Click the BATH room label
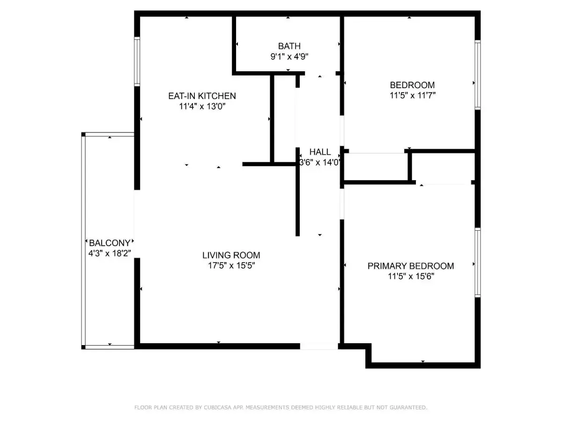click(289, 46)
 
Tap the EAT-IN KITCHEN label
click(202, 96)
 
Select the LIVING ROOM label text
click(231, 255)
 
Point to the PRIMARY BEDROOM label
click(410, 266)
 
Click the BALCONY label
click(110, 242)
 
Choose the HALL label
click(320, 152)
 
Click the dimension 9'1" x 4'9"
click(289, 56)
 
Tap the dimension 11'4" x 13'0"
click(202, 106)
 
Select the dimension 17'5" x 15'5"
click(231, 265)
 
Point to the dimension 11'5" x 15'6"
click(411, 276)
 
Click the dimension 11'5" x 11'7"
click(412, 95)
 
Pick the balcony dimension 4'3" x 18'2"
click(110, 253)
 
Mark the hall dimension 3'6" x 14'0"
click(320, 162)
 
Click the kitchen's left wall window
click(137, 61)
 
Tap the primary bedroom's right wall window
click(477, 263)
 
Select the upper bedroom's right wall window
click(477, 75)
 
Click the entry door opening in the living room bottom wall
click(319, 346)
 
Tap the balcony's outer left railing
click(83, 241)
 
